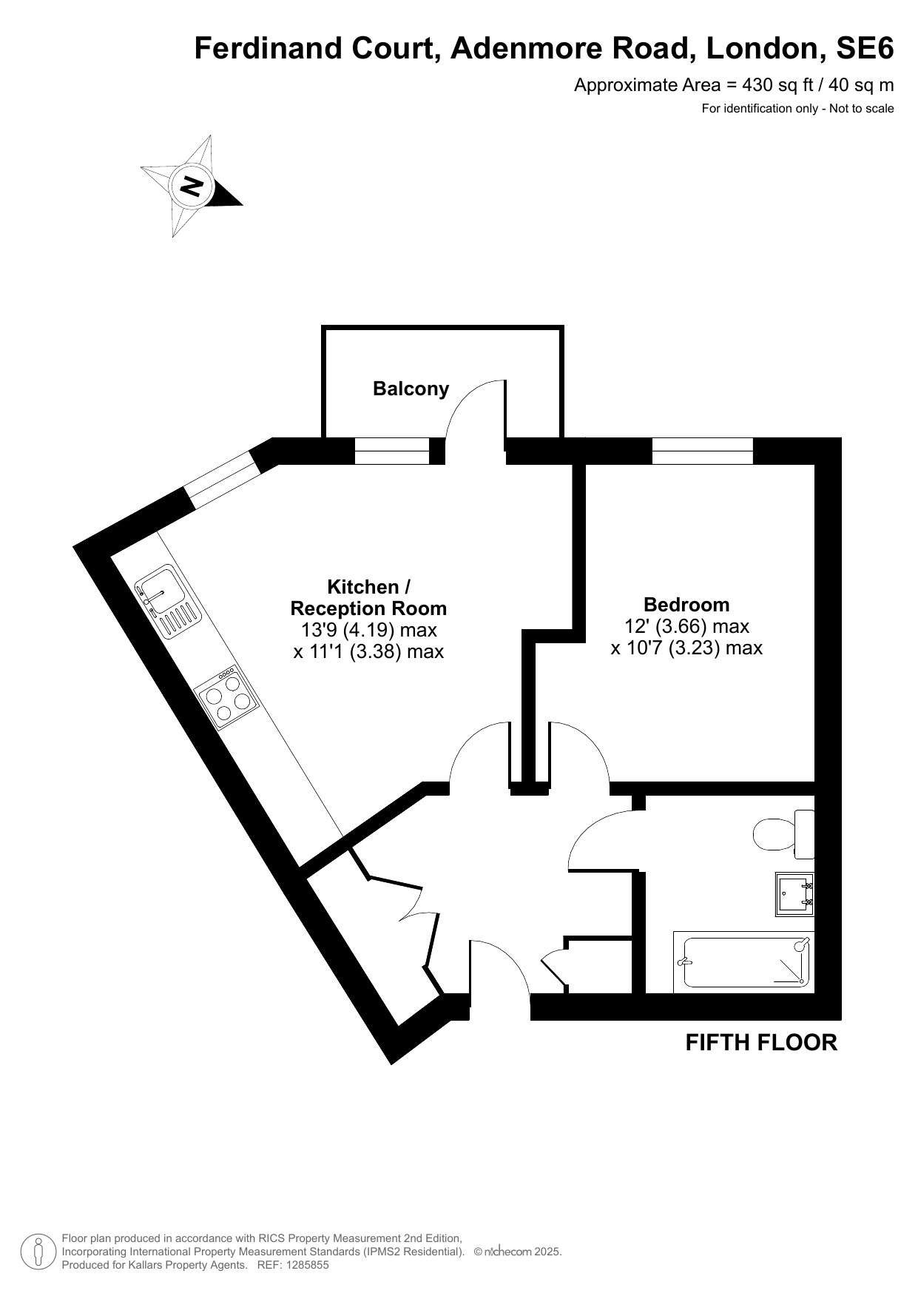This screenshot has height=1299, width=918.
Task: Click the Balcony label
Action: (x=411, y=389)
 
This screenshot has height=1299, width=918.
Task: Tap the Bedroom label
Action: (x=686, y=604)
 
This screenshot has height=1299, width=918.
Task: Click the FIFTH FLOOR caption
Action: (x=761, y=1042)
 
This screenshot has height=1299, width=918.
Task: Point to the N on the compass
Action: (x=192, y=186)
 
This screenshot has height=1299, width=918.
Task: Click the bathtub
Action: (x=744, y=962)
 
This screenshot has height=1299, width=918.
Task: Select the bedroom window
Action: (x=703, y=451)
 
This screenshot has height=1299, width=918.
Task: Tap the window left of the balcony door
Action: (x=392, y=451)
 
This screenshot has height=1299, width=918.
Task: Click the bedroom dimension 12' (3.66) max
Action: (x=686, y=626)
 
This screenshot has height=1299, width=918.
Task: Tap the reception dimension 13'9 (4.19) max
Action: (x=368, y=630)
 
